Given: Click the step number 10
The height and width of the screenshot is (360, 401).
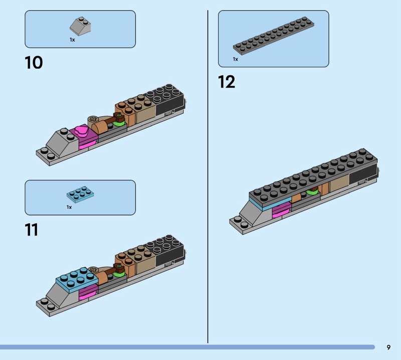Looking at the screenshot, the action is [34, 63].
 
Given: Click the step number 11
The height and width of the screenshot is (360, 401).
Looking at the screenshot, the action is [32, 230].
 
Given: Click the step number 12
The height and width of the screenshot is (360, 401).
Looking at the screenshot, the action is [227, 82].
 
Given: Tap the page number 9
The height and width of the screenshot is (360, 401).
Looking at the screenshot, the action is [388, 347].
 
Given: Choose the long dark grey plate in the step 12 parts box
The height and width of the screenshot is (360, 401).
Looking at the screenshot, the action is [274, 36].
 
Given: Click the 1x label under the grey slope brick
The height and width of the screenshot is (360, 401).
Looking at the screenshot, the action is [72, 40].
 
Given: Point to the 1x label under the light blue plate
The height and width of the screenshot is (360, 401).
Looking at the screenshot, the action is [69, 207].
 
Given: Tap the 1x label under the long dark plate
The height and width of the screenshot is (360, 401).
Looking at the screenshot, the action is [235, 59].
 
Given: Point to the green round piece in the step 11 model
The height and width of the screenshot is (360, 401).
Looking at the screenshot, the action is [118, 274].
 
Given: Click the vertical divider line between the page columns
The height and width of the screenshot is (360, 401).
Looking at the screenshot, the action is [208, 176].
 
